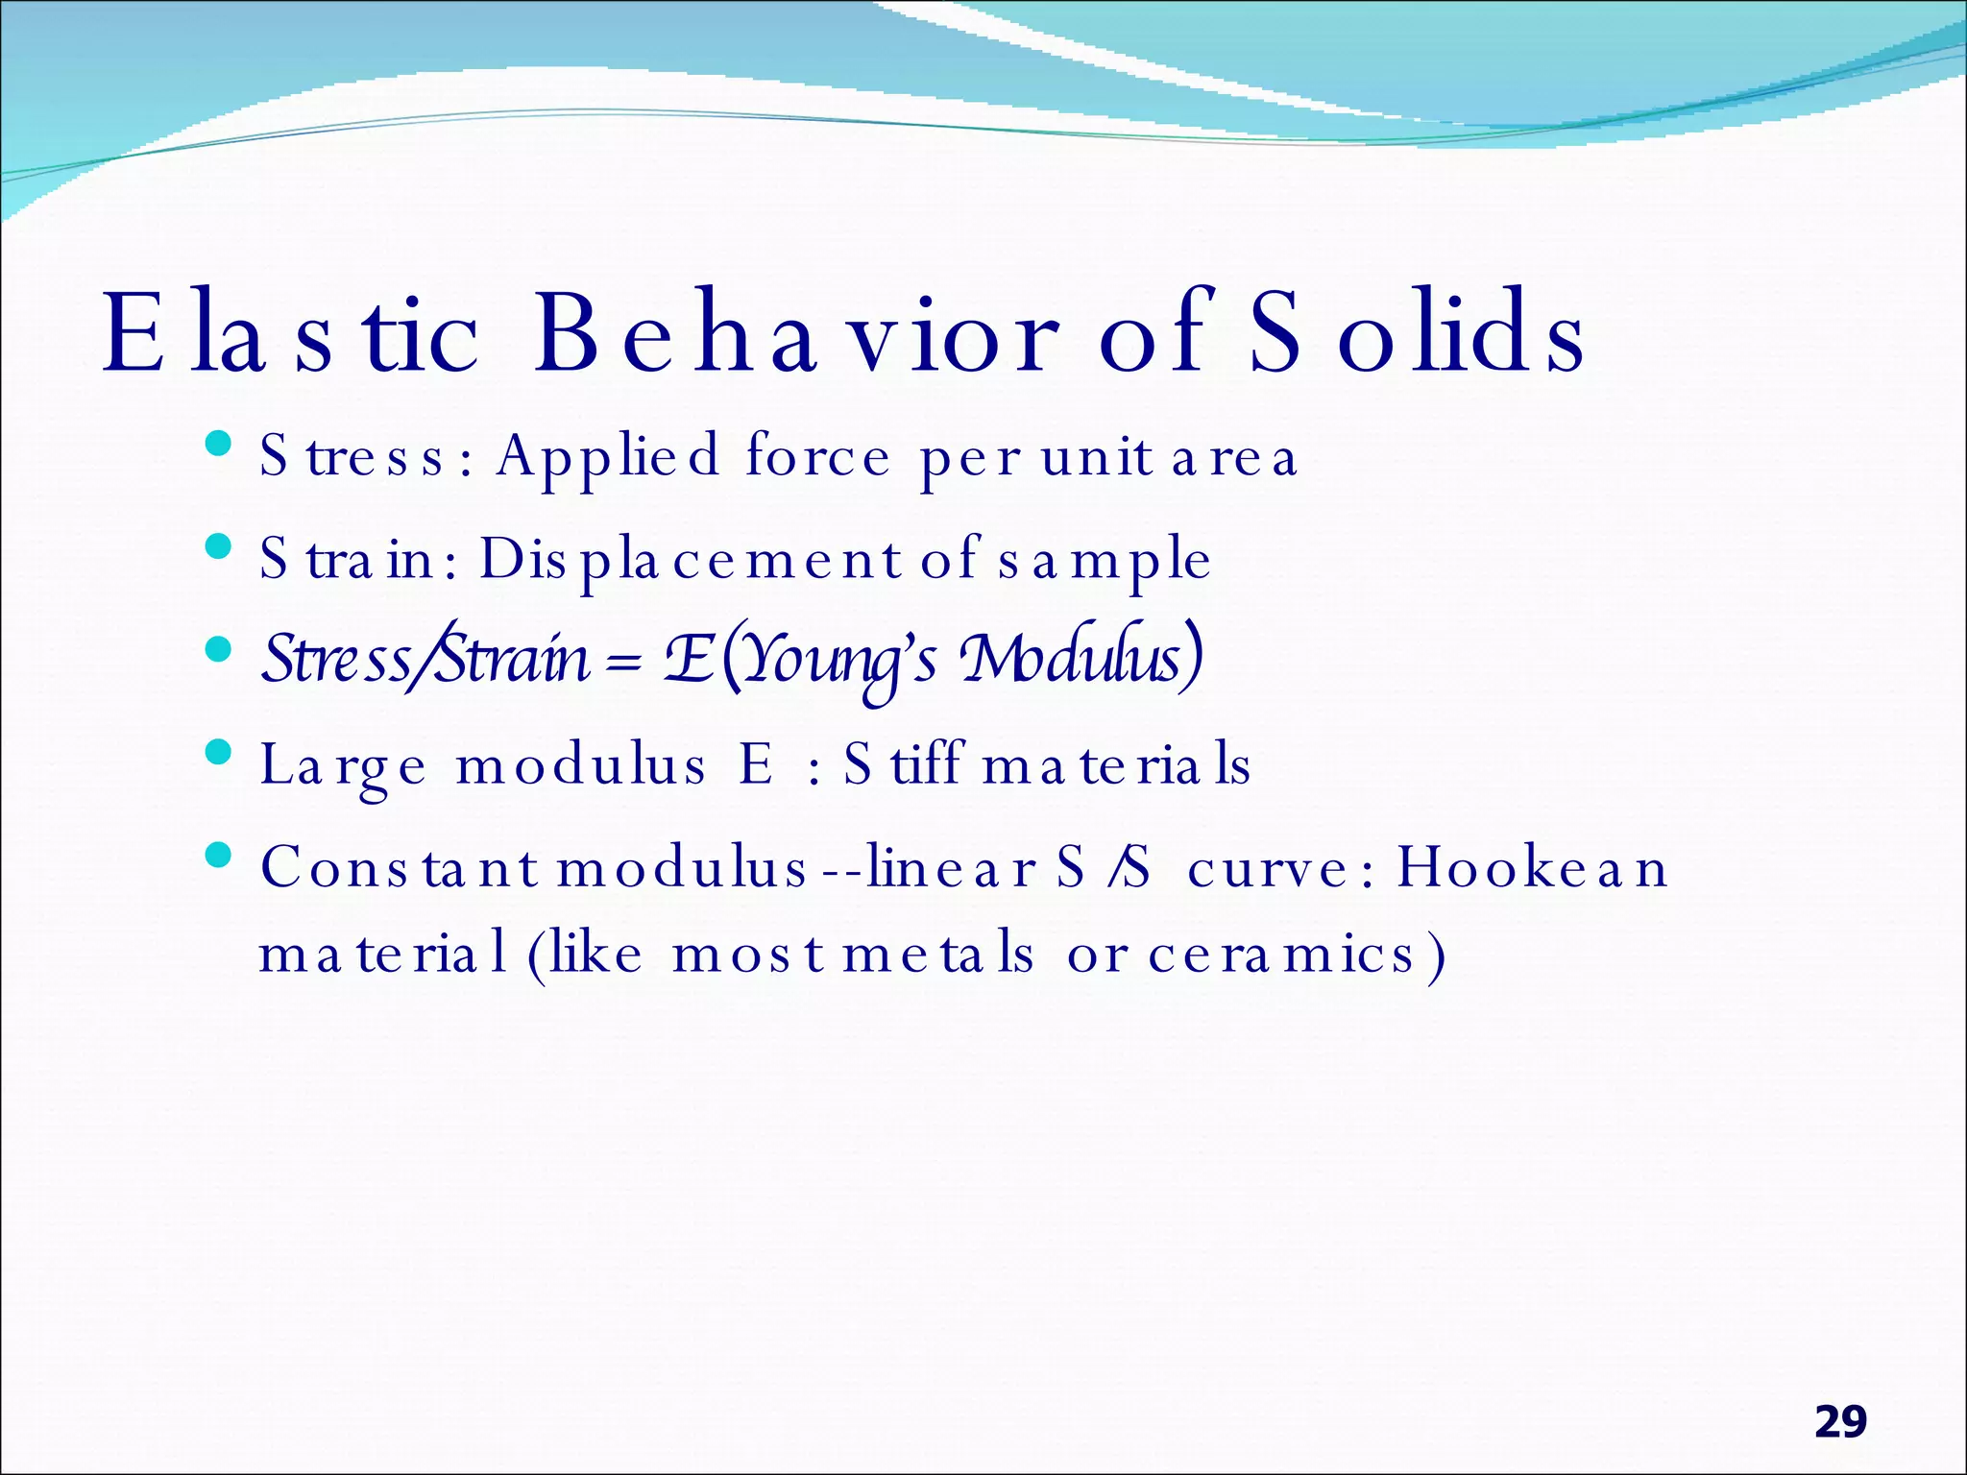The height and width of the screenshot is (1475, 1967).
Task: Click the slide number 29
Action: [x=1840, y=1422]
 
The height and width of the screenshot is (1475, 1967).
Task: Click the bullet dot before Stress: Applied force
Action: [x=219, y=444]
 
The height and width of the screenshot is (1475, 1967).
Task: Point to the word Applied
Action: [x=607, y=457]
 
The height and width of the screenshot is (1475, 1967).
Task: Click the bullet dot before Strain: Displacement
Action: [x=219, y=546]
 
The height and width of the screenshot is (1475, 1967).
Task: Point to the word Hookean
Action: [x=1532, y=868]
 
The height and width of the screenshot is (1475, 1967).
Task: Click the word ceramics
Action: [x=1282, y=955]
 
